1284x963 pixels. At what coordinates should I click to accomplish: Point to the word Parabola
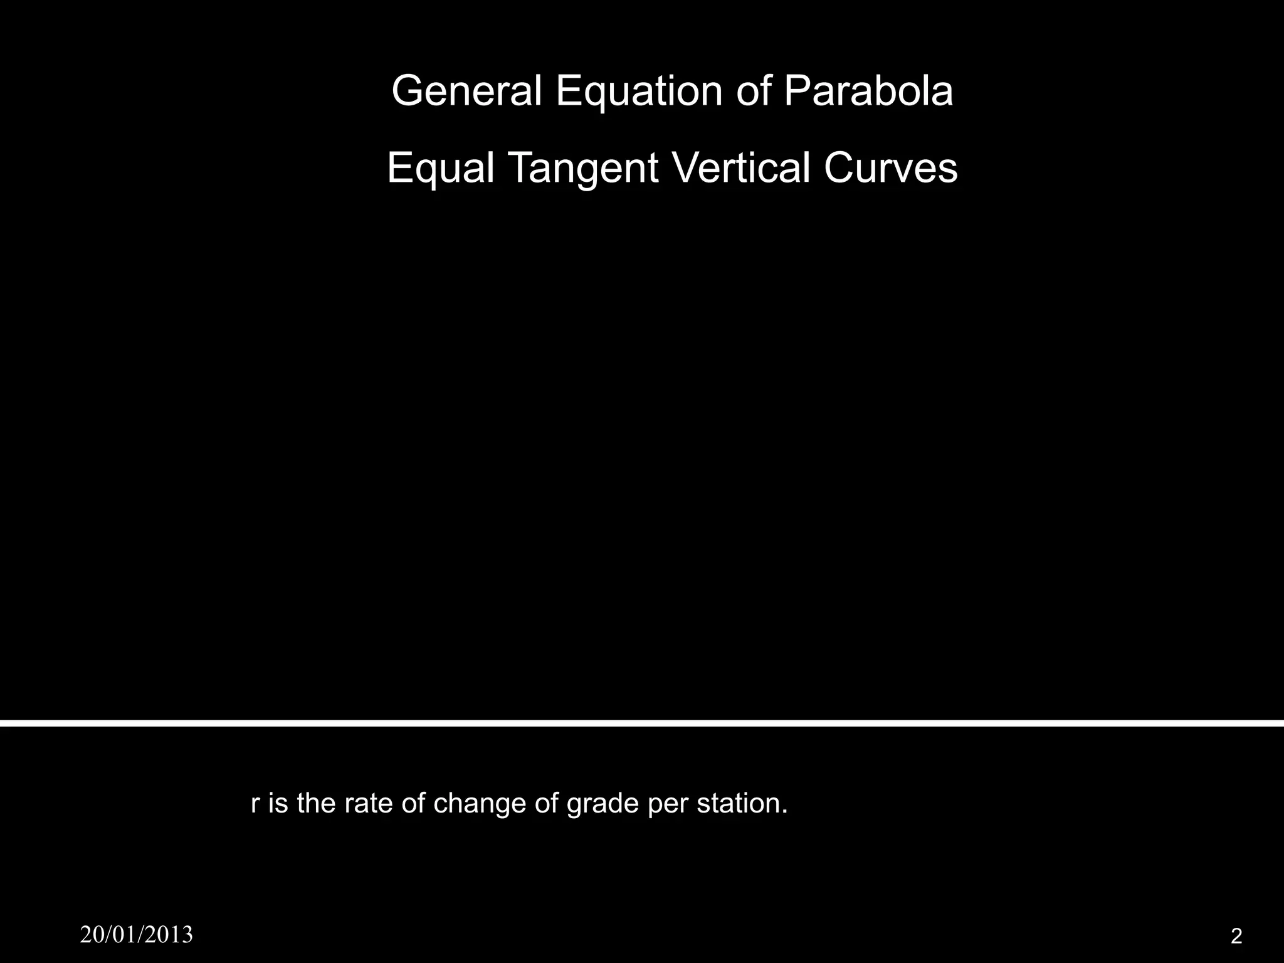tap(868, 91)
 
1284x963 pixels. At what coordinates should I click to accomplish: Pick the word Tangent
tap(582, 168)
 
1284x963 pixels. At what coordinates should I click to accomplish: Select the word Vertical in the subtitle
tap(740, 168)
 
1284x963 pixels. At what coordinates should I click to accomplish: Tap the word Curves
tap(891, 168)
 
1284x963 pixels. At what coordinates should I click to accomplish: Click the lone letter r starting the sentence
tap(255, 803)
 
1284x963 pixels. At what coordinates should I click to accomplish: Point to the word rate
tap(367, 803)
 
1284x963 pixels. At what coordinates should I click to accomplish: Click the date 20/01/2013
tap(137, 935)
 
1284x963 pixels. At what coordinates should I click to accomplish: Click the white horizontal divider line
tap(642, 723)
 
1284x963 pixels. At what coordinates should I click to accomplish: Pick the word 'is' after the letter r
tap(278, 803)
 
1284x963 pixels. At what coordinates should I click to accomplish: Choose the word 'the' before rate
tap(317, 803)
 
